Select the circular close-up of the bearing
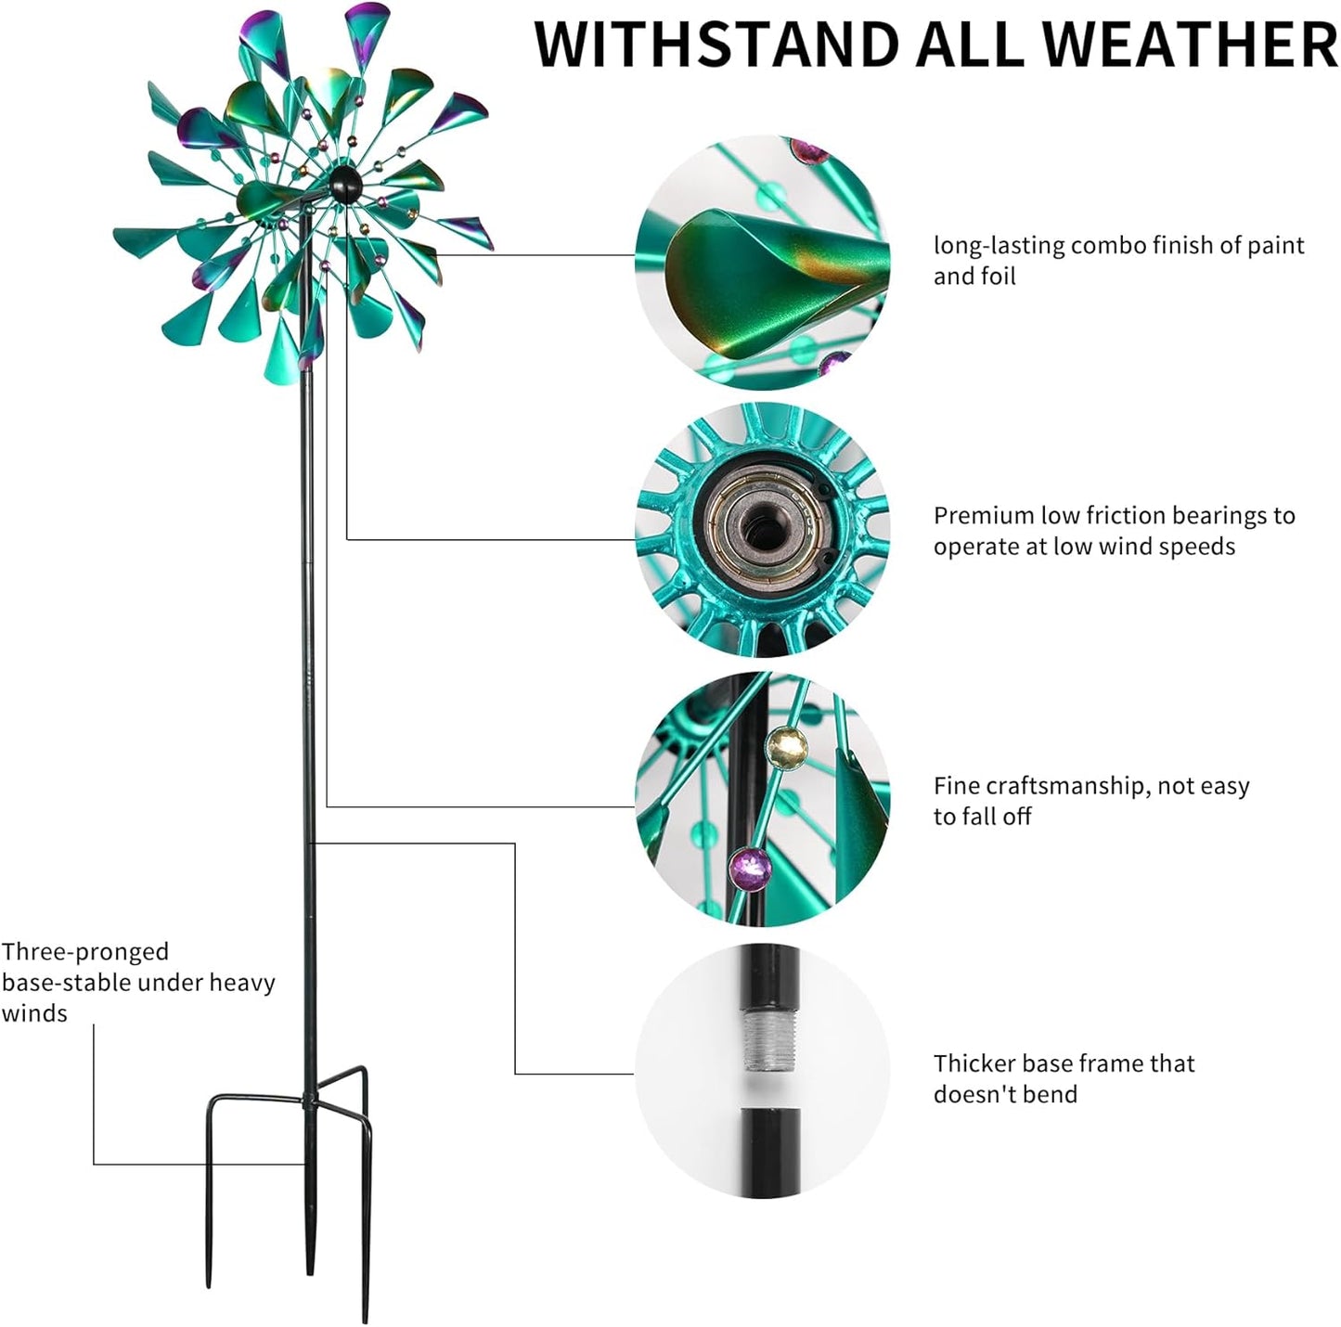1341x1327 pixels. (x=762, y=530)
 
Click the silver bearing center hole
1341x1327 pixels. (x=764, y=529)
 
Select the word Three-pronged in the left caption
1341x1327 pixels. (x=85, y=952)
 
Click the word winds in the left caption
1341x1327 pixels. (x=34, y=1013)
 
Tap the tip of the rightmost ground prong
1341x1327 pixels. (x=366, y=1318)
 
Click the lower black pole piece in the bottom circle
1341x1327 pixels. (x=769, y=1151)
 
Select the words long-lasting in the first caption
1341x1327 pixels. (x=998, y=246)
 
